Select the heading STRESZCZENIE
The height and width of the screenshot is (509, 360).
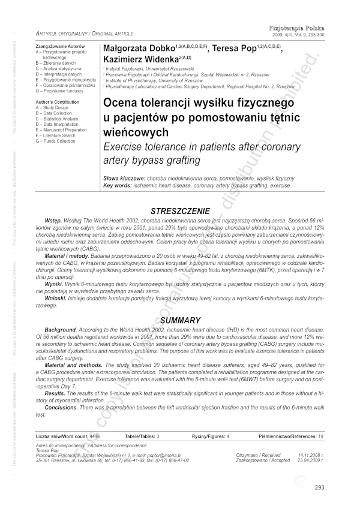point(180,211)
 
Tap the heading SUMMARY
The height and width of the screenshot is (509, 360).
point(180,321)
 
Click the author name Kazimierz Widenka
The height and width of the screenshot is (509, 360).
point(137,58)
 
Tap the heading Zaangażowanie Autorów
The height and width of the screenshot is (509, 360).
point(59,46)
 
